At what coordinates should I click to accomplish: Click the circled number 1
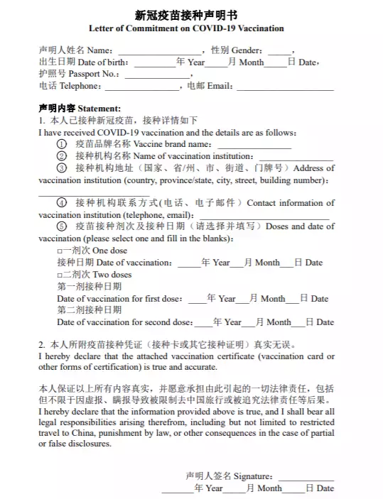[x=62, y=144]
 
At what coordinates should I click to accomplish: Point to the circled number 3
[x=62, y=168]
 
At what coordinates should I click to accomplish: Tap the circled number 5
[x=62, y=226]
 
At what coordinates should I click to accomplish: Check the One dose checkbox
[x=60, y=251]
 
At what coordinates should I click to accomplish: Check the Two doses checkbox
[x=60, y=274]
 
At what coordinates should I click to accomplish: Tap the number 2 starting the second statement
[x=41, y=344]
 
